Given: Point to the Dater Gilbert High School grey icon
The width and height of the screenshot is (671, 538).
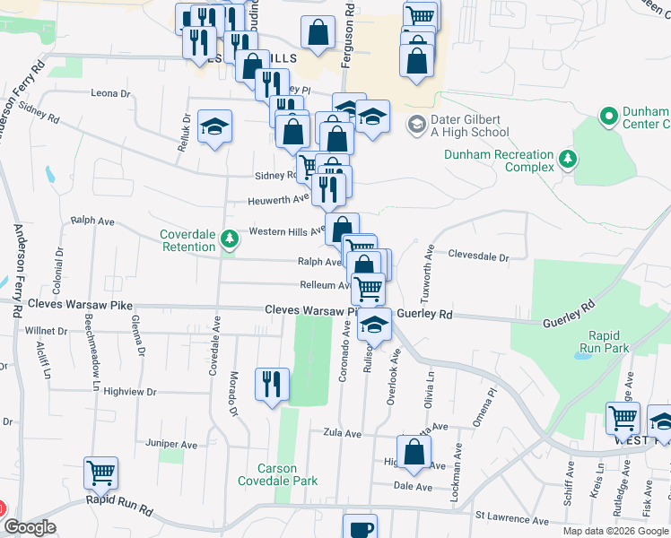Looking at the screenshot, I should (x=416, y=124).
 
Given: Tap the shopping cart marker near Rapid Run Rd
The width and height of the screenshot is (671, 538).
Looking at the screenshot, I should (x=100, y=473).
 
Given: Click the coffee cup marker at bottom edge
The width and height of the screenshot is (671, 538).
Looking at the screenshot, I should (x=360, y=527).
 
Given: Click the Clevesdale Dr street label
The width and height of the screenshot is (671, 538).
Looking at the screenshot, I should (x=478, y=256).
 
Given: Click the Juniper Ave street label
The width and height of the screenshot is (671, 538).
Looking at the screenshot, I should (x=170, y=444).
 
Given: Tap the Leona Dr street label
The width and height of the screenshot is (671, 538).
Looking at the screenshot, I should (x=111, y=93).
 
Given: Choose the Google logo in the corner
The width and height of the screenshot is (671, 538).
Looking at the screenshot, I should (x=29, y=527).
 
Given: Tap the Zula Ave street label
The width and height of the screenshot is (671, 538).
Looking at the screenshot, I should (x=342, y=433).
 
